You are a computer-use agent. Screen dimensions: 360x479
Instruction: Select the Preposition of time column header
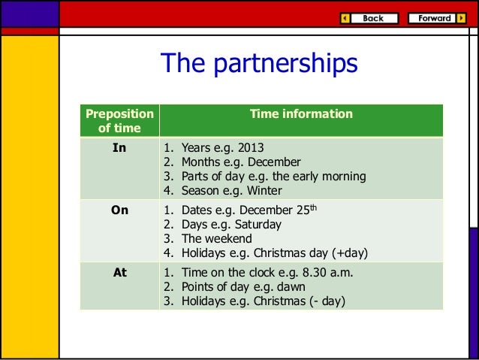coord(119,121)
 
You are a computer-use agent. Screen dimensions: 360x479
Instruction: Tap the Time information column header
coord(301,114)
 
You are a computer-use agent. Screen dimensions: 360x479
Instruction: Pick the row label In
coord(119,148)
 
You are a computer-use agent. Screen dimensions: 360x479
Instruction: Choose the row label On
coord(119,211)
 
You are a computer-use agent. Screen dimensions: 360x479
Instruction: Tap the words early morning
coord(330,177)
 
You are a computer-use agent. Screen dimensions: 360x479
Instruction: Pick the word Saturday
coord(256,225)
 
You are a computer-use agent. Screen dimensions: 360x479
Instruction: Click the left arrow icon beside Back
coord(345,18)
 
